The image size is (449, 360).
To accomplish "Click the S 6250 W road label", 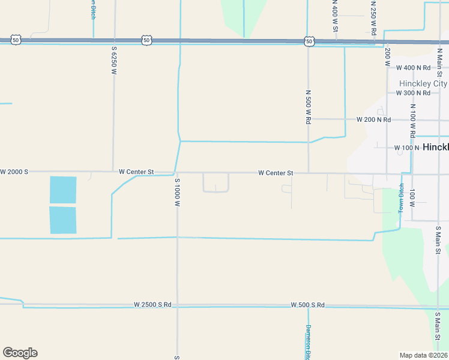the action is [x=113, y=60].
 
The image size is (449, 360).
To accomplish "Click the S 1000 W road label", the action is [x=177, y=192].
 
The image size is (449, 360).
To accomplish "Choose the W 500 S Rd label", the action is [x=307, y=305].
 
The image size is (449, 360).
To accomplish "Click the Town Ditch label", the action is [x=402, y=198].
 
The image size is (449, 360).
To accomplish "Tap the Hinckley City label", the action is [x=423, y=83].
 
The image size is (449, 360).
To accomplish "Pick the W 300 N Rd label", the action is [x=413, y=93].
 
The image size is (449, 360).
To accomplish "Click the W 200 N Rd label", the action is [x=373, y=119].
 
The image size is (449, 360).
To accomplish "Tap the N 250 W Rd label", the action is [x=373, y=16].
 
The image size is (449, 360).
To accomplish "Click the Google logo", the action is [x=20, y=353].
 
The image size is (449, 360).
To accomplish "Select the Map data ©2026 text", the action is [x=423, y=355].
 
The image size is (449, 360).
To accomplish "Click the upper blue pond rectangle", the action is [x=63, y=190].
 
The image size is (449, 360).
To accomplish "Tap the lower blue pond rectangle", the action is [x=63, y=220].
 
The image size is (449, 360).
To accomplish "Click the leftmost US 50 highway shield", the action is [x=16, y=40].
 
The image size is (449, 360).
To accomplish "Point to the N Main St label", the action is [x=439, y=63].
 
